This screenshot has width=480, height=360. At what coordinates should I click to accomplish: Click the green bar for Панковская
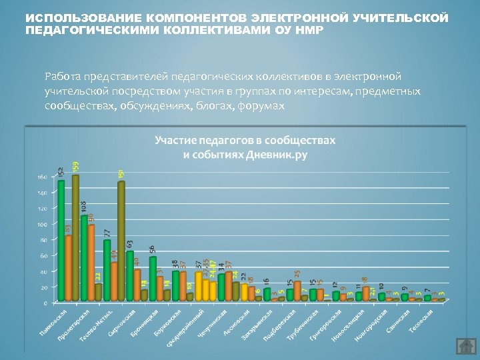click(61, 240)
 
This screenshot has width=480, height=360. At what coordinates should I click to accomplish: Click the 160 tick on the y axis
click(41, 177)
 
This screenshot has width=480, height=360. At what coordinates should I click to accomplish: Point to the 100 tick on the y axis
click(41, 224)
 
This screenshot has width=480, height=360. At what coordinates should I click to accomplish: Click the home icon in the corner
click(464, 346)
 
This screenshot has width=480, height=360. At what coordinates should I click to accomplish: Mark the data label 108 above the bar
click(84, 207)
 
